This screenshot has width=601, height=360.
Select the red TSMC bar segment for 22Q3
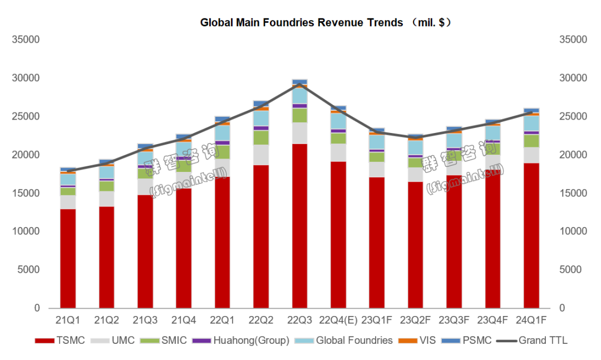(299, 225)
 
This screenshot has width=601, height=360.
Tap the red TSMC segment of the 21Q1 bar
(68, 258)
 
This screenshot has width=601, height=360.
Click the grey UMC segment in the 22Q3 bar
(299, 133)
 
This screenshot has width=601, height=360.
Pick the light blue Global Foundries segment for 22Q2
(261, 119)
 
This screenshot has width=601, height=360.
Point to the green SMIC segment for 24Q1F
(531, 141)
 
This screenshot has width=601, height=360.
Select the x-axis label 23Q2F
(415, 320)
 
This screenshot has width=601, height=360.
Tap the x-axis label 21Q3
(145, 320)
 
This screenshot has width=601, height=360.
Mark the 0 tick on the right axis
(563, 308)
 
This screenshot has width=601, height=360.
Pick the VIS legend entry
(423, 341)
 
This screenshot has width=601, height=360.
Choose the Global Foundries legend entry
(347, 341)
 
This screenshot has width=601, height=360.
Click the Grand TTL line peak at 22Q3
(299, 83)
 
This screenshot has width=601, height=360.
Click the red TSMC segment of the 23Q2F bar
(415, 245)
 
